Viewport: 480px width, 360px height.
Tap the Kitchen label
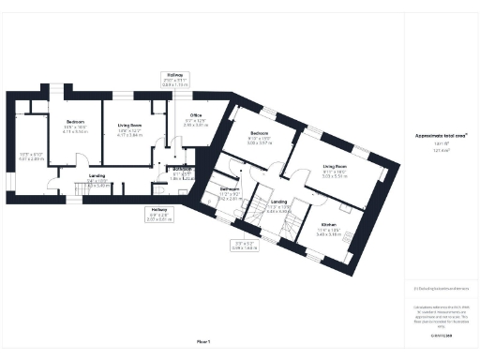click(328, 225)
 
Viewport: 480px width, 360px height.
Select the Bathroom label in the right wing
click(230, 189)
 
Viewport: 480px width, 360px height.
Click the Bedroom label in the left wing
click(75, 122)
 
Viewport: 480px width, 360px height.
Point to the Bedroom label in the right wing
click(260, 134)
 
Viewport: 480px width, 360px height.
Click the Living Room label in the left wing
click(127, 122)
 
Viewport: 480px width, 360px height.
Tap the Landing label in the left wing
click(97, 175)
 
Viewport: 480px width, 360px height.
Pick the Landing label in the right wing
click(279, 202)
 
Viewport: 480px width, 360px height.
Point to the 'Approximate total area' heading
click(441, 135)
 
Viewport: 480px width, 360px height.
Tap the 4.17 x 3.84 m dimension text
click(127, 135)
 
